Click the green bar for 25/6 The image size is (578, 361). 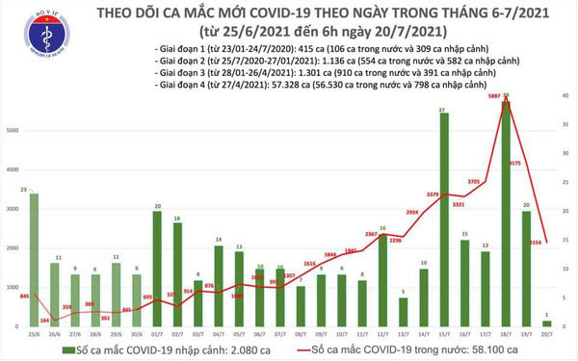35,260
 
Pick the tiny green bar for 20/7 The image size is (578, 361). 546,324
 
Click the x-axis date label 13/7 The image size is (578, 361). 402,336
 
